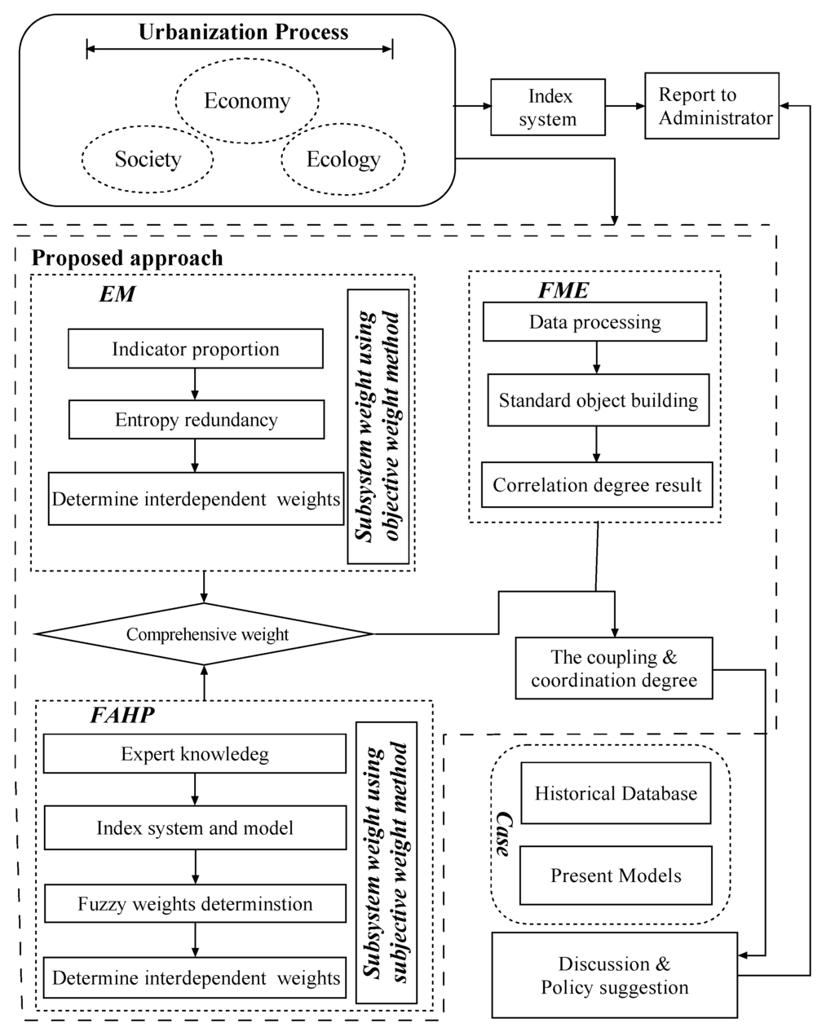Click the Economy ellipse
point(247,101)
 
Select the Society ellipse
point(148,159)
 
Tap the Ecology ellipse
point(343,159)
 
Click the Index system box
point(548,107)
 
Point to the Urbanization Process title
point(243,33)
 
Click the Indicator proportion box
point(196,350)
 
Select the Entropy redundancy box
point(196,420)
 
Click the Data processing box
point(594,322)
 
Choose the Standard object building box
point(598,400)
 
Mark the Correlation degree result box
point(597,485)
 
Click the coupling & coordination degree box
point(614,668)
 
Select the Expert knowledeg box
point(195,754)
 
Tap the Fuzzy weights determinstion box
point(195,904)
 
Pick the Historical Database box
point(616,793)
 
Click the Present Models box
point(616,875)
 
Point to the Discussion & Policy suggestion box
point(615,976)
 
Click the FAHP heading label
point(122,716)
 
